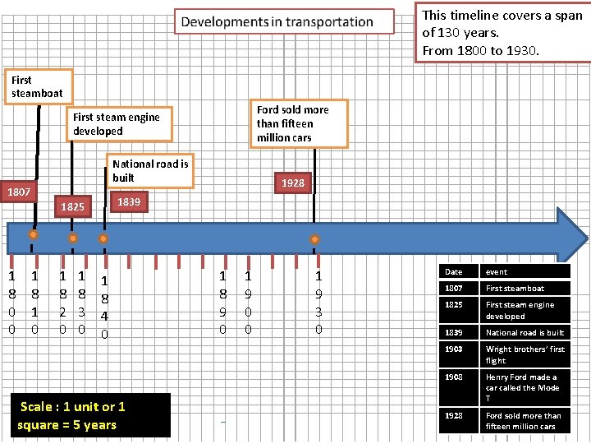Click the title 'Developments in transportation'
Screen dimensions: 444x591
coord(277,22)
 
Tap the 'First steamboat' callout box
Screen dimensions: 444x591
coord(38,86)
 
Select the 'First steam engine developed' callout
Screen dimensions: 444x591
coord(121,124)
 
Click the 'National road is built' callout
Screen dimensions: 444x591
coord(150,171)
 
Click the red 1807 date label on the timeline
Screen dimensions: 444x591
coord(20,192)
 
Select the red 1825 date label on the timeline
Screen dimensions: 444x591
coord(72,206)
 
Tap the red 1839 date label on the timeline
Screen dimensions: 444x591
coord(128,201)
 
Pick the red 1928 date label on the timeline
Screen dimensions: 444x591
coord(293,183)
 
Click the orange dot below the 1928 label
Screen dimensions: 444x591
coord(314,239)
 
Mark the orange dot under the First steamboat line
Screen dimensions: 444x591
coord(33,235)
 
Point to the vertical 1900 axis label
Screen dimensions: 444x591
coord(248,303)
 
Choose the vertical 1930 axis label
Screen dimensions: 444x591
coord(318,303)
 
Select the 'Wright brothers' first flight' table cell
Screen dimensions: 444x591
coord(526,354)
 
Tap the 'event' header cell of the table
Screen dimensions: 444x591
coord(526,271)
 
